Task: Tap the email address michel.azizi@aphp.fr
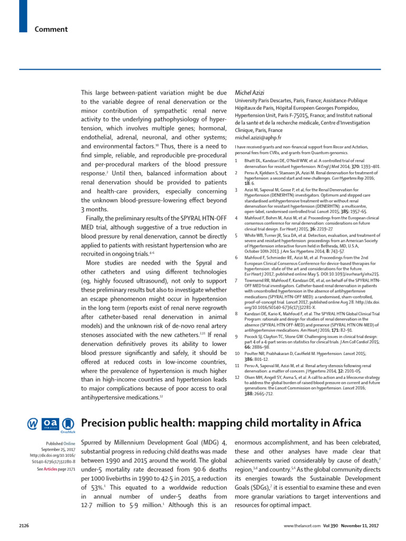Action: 259,136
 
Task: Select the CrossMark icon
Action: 68,424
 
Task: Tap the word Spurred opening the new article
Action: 94,442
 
